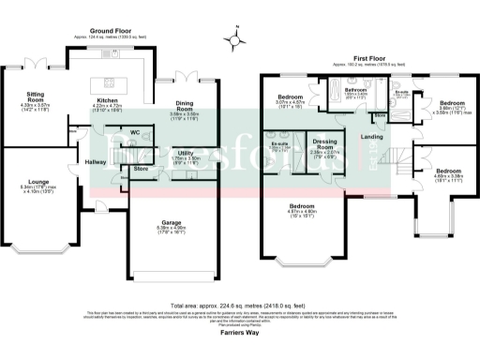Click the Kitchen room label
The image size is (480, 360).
click(x=109, y=103)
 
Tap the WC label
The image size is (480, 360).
click(x=135, y=132)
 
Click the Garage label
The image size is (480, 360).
click(x=172, y=221)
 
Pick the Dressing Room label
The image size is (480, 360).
click(x=324, y=144)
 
